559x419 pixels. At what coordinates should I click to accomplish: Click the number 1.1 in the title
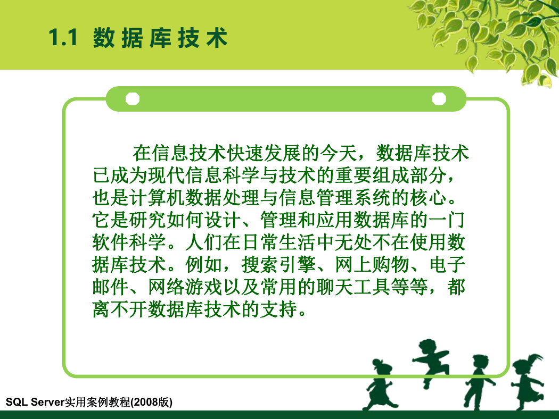tap(63, 37)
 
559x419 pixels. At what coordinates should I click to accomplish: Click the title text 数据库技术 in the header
tap(160, 38)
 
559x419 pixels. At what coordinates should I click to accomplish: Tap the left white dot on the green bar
tap(133, 98)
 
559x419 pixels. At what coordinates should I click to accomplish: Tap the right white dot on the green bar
tap(439, 98)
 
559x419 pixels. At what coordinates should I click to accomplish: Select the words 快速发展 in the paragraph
tap(264, 153)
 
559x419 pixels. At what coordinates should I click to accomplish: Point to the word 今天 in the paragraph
tap(338, 153)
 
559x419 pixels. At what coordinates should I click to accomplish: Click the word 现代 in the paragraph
tap(167, 175)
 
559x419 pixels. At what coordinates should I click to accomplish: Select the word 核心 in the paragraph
tap(428, 198)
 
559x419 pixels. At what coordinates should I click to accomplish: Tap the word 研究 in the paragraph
tap(148, 220)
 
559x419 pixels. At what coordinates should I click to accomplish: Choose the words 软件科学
tap(129, 242)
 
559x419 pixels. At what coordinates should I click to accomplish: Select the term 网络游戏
tap(185, 287)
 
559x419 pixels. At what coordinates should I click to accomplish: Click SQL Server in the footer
tap(35, 402)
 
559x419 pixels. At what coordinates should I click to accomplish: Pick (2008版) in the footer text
tap(152, 402)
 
